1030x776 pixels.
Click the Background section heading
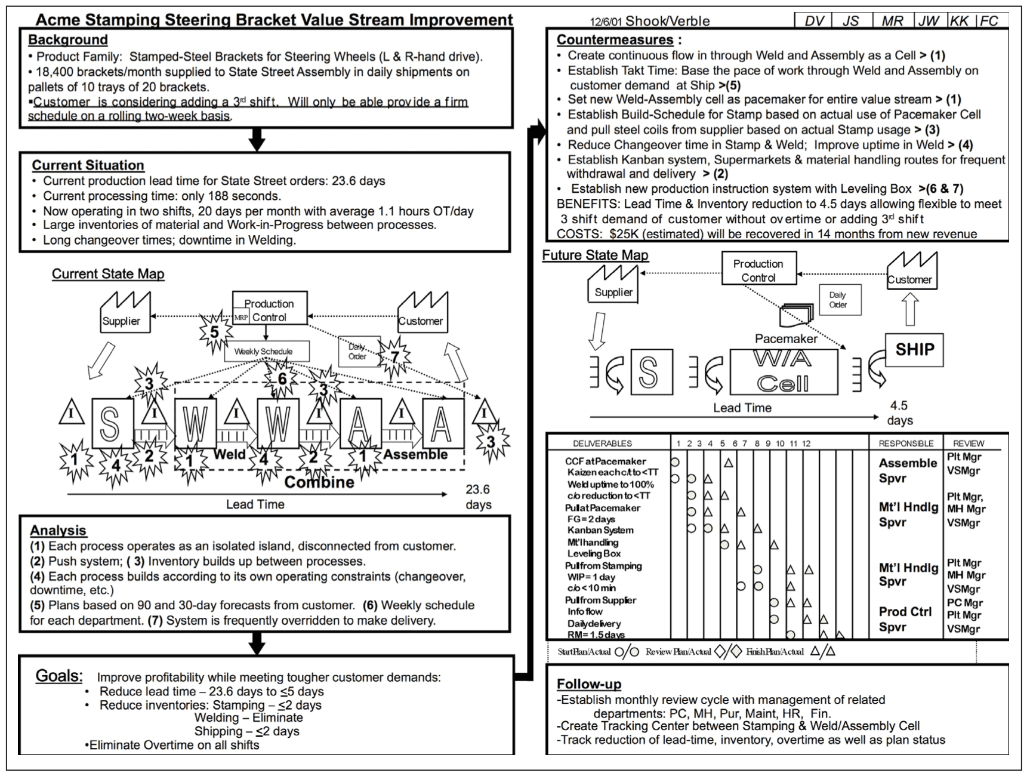[67, 40]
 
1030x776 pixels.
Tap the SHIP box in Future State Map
[914, 350]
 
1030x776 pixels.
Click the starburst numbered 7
[394, 357]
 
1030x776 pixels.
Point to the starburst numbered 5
[214, 332]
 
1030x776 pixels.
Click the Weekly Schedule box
[267, 351]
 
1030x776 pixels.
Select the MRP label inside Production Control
[241, 318]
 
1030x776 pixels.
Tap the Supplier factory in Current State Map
[124, 313]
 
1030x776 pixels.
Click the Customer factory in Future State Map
[910, 272]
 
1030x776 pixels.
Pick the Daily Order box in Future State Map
[837, 300]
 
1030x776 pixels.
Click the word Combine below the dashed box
[319, 482]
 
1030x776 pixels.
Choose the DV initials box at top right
[814, 21]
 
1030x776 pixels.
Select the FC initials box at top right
[989, 21]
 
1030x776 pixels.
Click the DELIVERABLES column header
[602, 444]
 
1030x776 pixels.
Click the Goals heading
[58, 676]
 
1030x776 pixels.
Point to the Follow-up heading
[588, 684]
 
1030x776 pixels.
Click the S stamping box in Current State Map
[111, 424]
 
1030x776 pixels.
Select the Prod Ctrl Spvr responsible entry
[905, 619]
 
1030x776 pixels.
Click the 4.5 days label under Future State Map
[899, 412]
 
